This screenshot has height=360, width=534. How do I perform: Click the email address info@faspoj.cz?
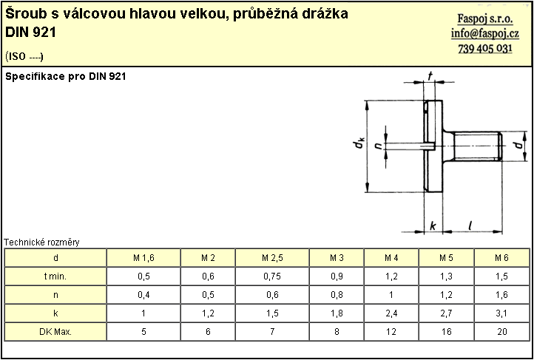(485, 34)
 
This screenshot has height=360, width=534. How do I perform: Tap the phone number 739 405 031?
(485, 49)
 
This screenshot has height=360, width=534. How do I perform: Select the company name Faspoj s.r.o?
(485, 19)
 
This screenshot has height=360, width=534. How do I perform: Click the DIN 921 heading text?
(31, 33)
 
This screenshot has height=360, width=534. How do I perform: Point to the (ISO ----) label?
(24, 56)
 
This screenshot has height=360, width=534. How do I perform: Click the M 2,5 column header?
(272, 258)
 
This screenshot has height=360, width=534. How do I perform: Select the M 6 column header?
(502, 258)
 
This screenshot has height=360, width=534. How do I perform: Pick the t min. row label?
(55, 276)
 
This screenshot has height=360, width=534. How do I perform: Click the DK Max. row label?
(55, 332)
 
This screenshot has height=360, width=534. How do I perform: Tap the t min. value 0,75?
(272, 276)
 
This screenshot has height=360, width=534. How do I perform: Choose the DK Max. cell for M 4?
(391, 332)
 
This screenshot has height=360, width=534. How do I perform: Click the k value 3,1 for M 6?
(502, 313)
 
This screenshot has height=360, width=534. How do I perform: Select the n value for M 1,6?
(143, 295)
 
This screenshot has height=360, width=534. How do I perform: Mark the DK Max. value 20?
(502, 332)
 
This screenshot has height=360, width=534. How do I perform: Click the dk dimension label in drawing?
(359, 143)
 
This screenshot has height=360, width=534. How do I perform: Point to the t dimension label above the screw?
(430, 78)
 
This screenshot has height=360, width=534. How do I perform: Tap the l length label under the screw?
(470, 225)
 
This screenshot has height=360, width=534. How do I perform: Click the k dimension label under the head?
(433, 226)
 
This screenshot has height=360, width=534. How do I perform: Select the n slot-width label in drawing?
(377, 146)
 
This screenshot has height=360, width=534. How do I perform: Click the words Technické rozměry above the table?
(41, 242)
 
